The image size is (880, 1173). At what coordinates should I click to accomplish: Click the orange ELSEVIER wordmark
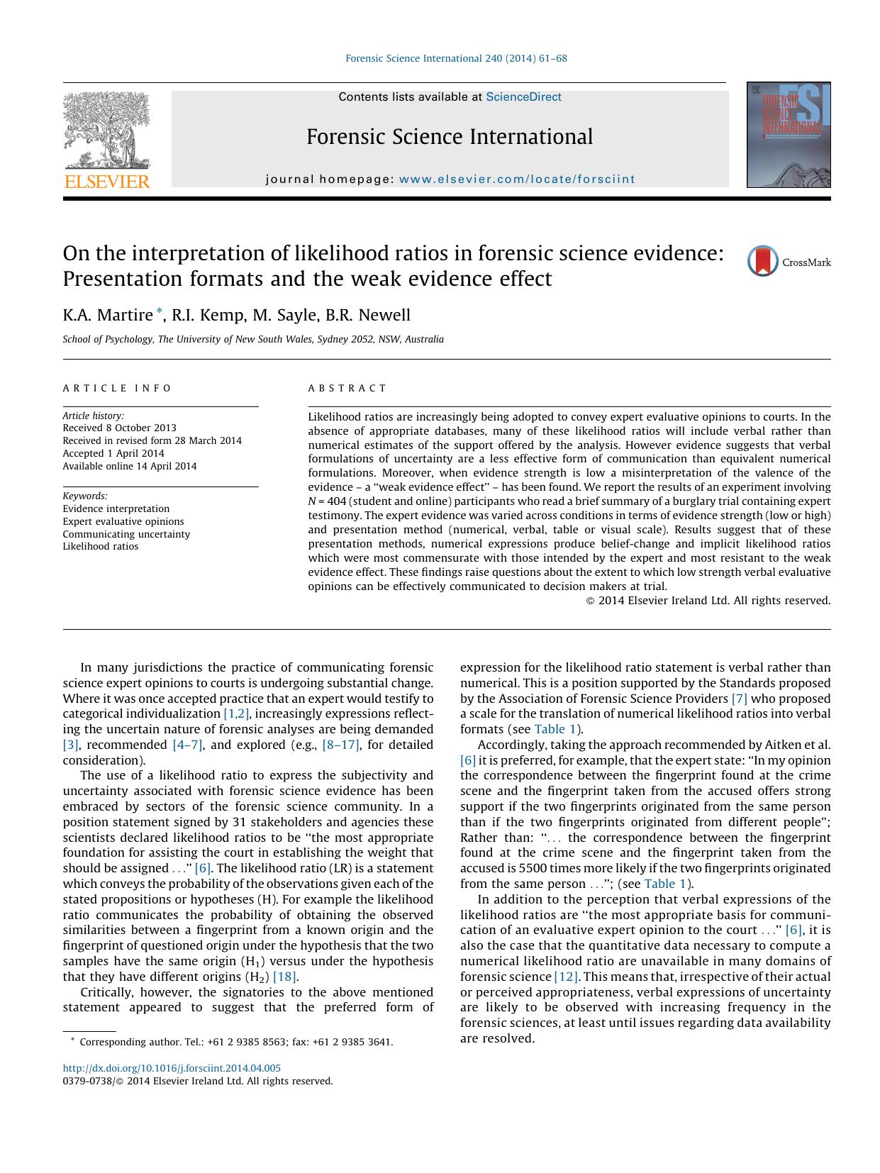tap(107, 182)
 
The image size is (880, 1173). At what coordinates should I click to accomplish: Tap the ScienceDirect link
tap(523, 97)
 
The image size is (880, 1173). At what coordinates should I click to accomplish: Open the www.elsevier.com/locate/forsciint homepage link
tap(517, 179)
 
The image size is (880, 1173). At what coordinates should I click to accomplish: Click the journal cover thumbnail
tap(788, 135)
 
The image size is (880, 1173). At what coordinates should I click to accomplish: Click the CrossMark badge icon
tap(763, 262)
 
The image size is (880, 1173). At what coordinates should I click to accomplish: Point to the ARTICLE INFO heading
tap(117, 388)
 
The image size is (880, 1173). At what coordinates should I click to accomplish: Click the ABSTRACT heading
tap(347, 388)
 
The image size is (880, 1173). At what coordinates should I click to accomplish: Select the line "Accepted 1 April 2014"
tap(113, 453)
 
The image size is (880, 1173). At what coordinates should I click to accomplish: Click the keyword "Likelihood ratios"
tap(101, 547)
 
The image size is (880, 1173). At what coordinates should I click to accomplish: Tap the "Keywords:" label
tap(85, 496)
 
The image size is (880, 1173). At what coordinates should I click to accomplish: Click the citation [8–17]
tap(340, 745)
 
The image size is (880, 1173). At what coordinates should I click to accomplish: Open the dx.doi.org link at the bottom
tap(172, 1068)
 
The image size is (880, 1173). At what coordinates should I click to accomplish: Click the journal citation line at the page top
tap(456, 58)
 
